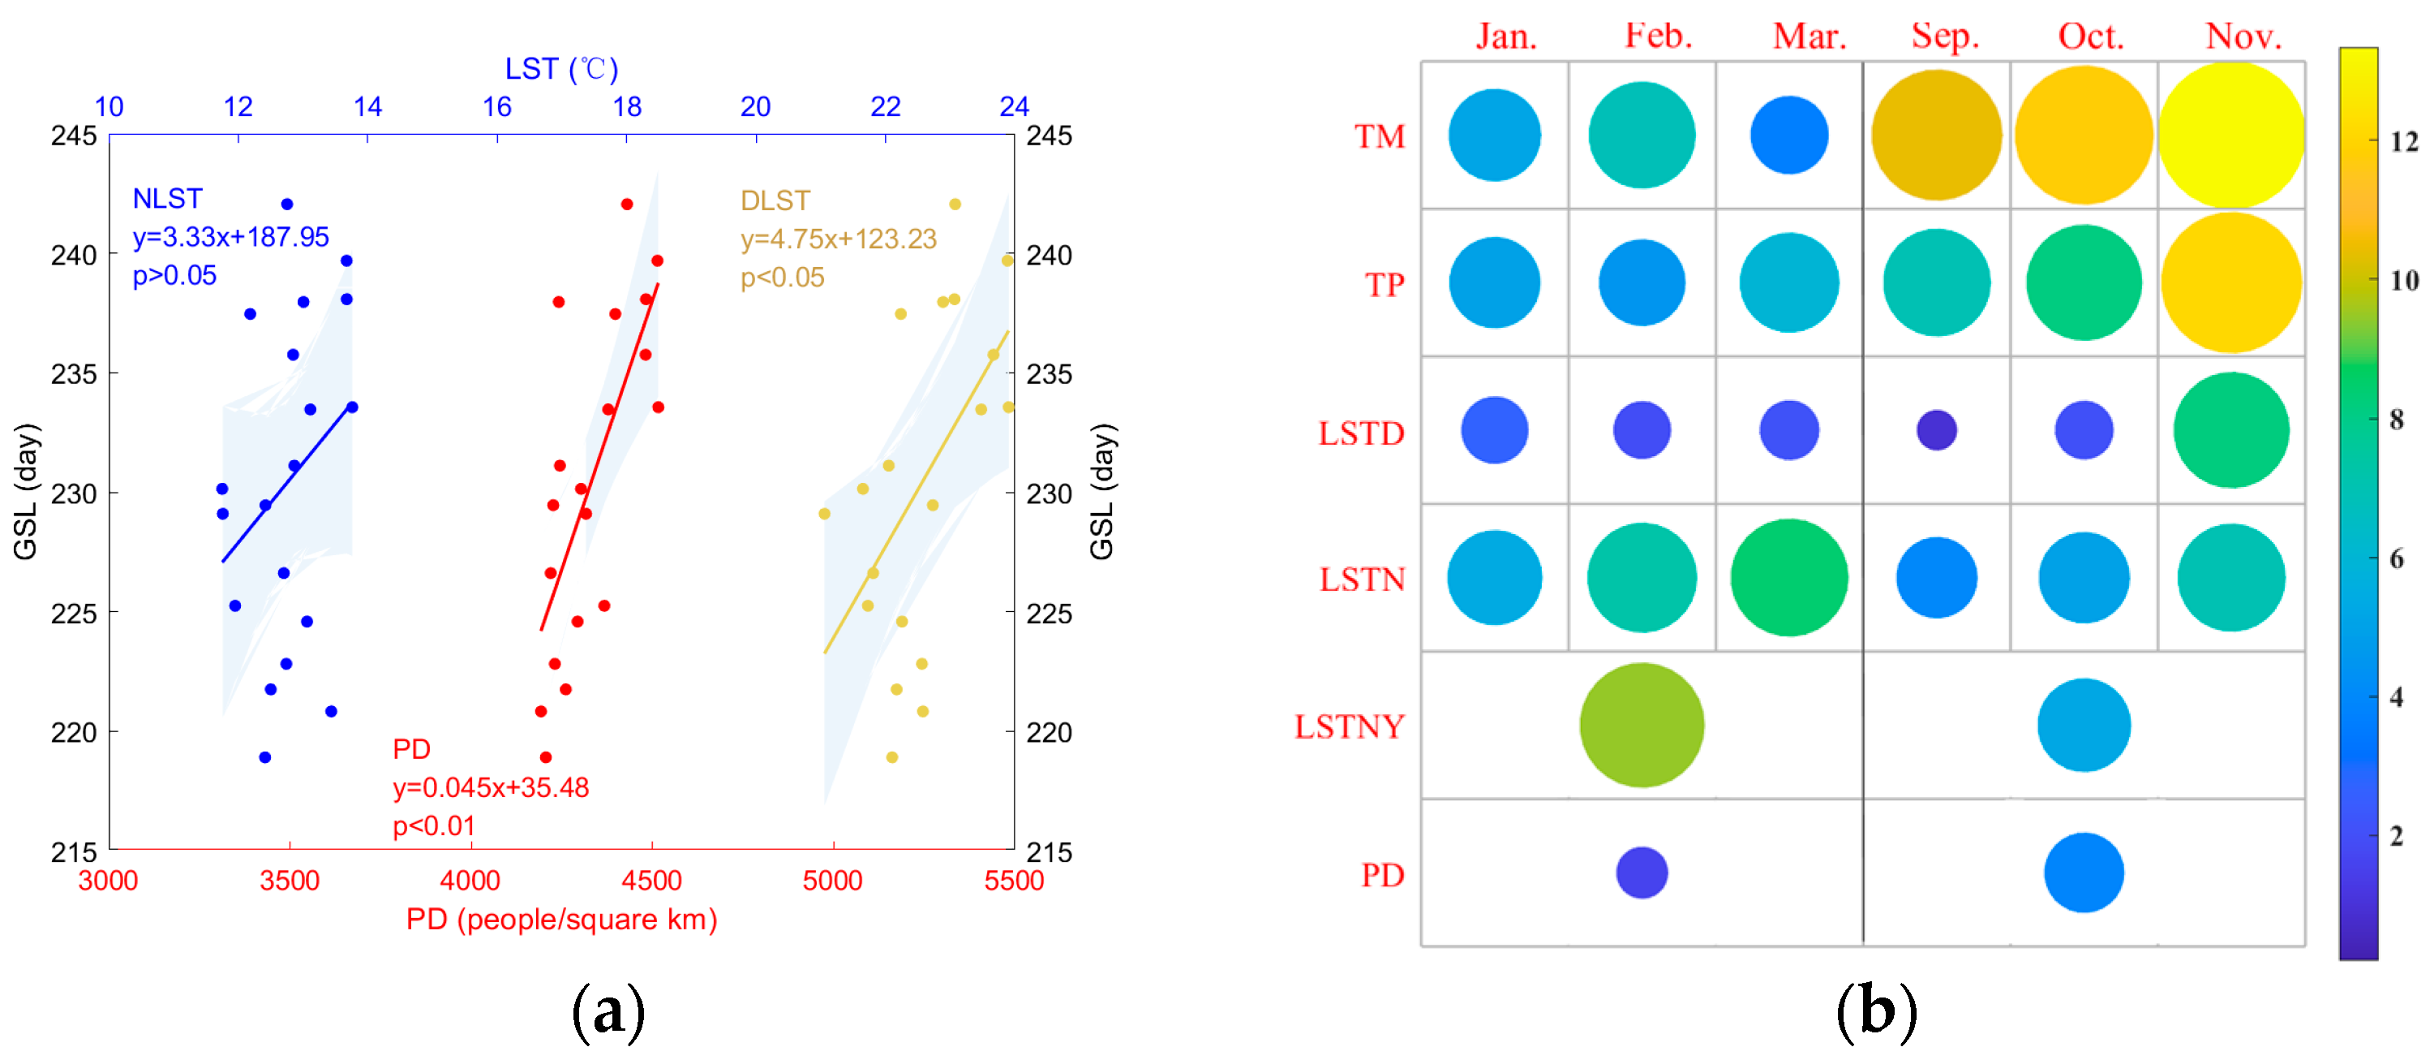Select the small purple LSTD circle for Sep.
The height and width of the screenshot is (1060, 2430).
tap(1936, 430)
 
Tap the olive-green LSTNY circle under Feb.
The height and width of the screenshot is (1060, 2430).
tap(1642, 725)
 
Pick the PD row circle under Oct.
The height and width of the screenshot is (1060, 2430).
tap(2083, 873)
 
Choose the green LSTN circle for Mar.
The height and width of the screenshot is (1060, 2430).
tap(1788, 578)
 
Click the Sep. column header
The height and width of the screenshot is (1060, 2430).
tap(1944, 36)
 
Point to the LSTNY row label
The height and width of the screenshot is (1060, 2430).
tap(1349, 726)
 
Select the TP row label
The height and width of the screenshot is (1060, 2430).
tap(1384, 284)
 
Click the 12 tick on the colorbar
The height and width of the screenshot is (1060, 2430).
tap(2403, 141)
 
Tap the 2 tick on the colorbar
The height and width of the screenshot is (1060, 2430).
tap(2396, 835)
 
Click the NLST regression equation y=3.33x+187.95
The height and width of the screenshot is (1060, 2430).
tap(230, 237)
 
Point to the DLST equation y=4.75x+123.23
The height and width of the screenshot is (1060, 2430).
tap(838, 239)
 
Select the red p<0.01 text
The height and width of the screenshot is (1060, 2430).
tap(434, 826)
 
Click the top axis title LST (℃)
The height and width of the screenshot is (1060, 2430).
tap(561, 69)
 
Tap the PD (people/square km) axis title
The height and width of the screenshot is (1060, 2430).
tap(561, 920)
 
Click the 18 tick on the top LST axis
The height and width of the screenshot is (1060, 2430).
tap(626, 106)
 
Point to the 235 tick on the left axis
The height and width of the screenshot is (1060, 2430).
tap(74, 375)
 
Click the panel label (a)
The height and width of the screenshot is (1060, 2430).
tap(608, 1011)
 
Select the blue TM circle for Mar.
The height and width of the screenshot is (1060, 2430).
tap(1788, 135)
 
